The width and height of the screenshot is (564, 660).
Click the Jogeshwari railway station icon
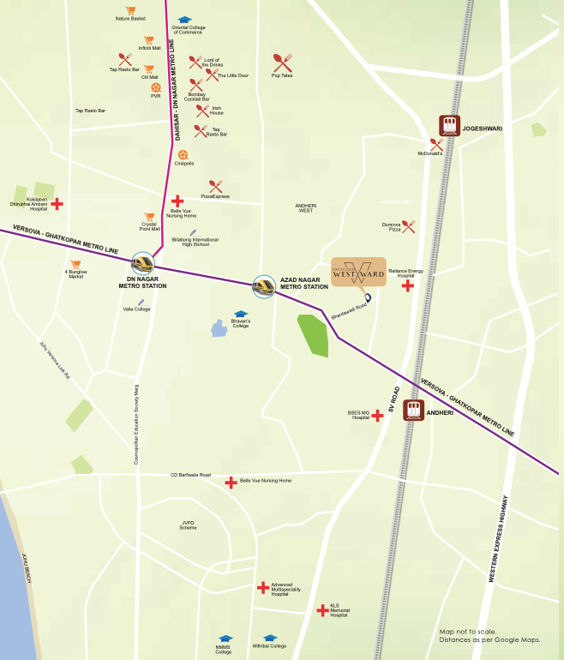(x=449, y=126)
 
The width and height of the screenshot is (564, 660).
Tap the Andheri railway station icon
(x=415, y=409)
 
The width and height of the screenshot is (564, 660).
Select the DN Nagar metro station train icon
(x=142, y=261)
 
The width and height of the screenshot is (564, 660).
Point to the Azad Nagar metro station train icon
(x=263, y=286)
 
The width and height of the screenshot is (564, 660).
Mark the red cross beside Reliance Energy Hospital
(x=408, y=285)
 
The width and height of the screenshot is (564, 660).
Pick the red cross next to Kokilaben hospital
(x=57, y=204)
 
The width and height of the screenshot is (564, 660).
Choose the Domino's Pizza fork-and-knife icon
(x=408, y=226)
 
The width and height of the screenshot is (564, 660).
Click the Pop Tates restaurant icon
(x=283, y=63)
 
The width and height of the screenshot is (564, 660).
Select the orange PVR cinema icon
(x=155, y=87)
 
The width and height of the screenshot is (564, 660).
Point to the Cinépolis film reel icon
(x=183, y=154)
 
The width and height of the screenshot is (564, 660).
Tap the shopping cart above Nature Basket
(x=130, y=10)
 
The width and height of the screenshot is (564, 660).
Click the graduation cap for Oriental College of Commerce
(x=185, y=19)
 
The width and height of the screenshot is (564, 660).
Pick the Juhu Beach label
(x=27, y=567)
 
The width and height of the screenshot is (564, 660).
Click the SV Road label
(x=395, y=400)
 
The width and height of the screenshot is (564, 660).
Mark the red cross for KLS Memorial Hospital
(x=322, y=607)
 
